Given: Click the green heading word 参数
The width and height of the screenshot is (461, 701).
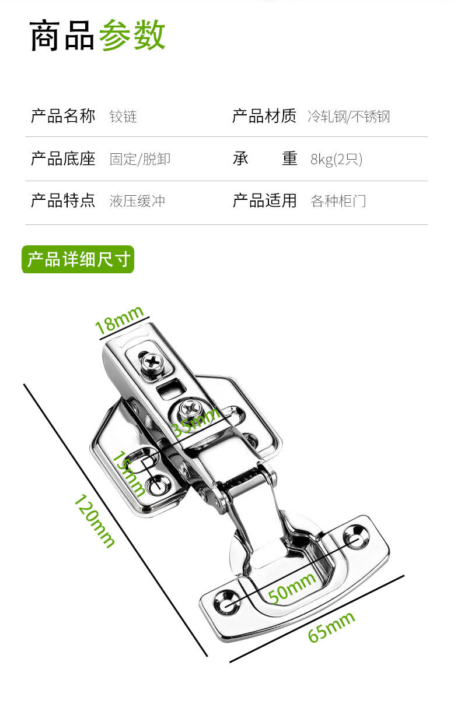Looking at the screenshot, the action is [132, 36].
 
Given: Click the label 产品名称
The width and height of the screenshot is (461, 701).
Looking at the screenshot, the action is [63, 116].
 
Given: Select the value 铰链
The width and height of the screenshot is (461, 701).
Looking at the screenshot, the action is [123, 117].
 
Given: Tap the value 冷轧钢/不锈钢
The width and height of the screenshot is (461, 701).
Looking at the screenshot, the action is [348, 117].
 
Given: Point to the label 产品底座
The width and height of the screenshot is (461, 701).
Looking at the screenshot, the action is [63, 158].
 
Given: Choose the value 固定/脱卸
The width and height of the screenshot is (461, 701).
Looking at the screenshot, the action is [140, 159].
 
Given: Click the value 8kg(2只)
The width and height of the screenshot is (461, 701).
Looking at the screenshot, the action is [336, 159].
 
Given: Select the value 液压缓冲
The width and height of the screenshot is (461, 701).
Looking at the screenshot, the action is [137, 201].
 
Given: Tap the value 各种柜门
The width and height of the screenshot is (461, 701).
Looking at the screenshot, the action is [338, 202].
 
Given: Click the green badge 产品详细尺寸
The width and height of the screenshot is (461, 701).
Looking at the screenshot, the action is [78, 260].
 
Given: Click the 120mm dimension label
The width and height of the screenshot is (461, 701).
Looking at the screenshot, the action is [93, 520].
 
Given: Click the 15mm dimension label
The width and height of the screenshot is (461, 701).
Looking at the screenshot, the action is [129, 473].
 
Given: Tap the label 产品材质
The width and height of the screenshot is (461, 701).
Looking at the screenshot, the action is [264, 116].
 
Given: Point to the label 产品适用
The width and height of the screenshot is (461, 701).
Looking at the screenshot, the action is [264, 201].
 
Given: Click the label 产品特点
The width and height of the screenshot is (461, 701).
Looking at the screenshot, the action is [63, 201].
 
